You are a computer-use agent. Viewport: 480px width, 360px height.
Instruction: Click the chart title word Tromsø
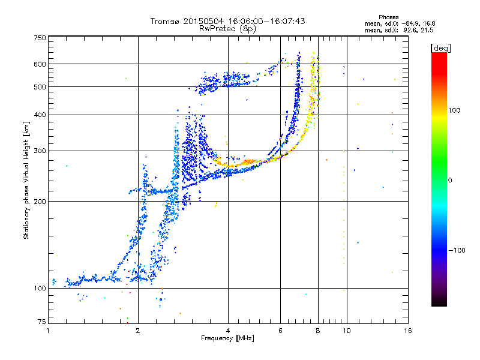coord(164,21)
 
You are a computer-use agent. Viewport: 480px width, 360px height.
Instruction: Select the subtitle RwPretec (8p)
coord(228,28)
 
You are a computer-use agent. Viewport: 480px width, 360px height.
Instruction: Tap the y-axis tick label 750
coord(39,37)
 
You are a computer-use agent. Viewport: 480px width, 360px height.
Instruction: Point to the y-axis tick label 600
coord(39,64)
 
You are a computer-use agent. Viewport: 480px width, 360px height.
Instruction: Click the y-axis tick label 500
coord(39,87)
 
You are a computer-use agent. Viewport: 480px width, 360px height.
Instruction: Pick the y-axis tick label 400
coord(39,115)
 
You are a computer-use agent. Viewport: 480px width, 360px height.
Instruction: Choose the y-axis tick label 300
coord(39,151)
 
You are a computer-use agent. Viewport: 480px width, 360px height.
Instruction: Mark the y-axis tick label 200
coord(39,202)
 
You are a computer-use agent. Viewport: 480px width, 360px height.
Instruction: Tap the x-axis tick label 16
coord(407,331)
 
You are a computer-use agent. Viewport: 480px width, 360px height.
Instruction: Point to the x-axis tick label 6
coord(280,331)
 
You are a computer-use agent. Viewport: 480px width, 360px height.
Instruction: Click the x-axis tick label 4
coord(228,331)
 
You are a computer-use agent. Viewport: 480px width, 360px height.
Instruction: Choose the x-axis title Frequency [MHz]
coord(227,338)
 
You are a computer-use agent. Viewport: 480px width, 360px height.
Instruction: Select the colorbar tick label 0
coord(450,180)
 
